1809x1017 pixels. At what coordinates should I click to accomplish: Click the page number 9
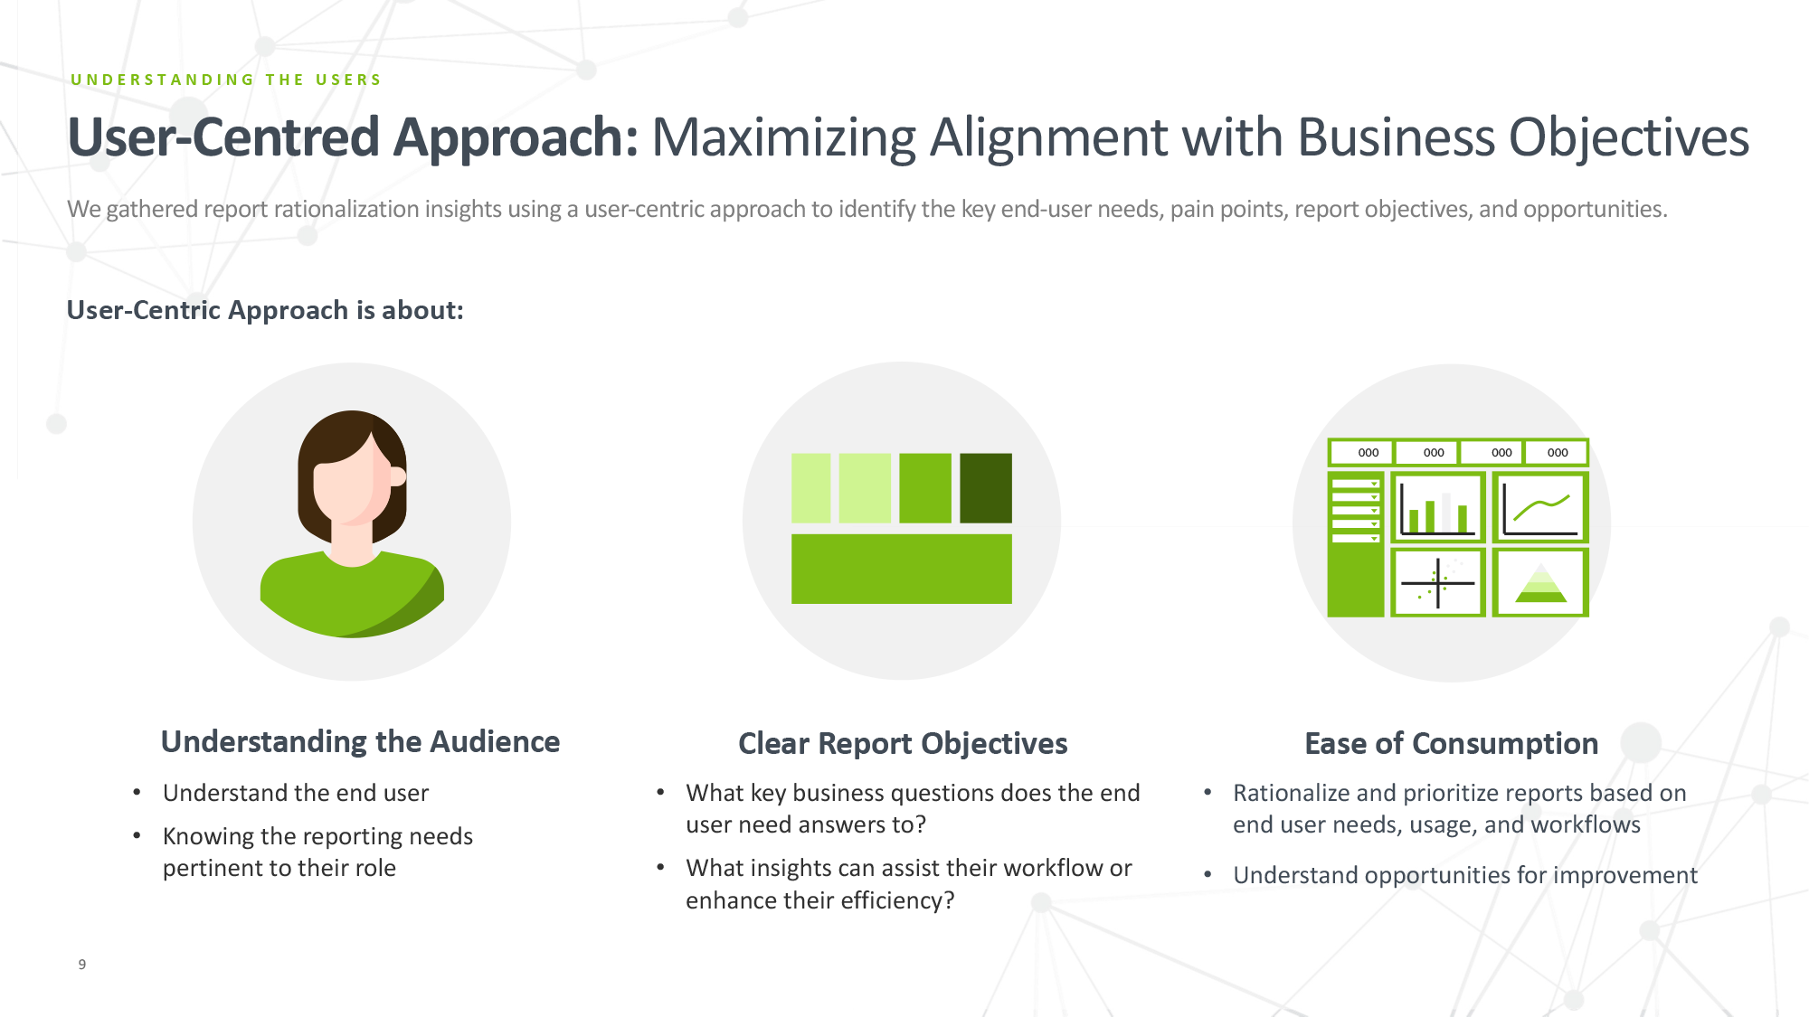[82, 965]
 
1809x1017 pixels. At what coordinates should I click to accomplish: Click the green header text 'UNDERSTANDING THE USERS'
[226, 80]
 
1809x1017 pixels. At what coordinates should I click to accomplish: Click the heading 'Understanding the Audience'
[360, 742]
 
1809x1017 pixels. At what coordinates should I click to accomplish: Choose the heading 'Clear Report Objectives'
[903, 744]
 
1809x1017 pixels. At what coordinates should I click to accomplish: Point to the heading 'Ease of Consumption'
[1451, 744]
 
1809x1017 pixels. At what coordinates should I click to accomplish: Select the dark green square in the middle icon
[986, 488]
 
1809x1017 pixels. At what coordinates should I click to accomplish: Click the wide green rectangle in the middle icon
[901, 569]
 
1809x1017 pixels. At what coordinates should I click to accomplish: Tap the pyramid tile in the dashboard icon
[1540, 583]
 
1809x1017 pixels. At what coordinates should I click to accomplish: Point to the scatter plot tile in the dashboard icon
[1437, 583]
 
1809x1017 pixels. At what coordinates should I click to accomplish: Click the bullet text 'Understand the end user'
[296, 794]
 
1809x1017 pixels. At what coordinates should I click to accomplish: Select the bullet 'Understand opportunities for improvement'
[1465, 876]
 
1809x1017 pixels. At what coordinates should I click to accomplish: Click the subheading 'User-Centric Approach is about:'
[265, 311]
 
